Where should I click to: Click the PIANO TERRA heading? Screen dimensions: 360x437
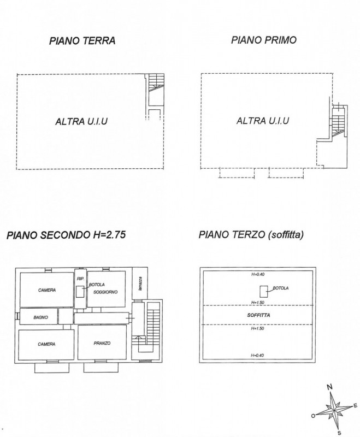click(x=82, y=40)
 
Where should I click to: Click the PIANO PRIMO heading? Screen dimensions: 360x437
click(x=264, y=40)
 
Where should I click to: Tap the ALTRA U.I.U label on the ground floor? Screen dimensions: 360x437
click(x=81, y=121)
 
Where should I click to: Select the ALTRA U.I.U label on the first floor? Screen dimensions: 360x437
click(x=263, y=121)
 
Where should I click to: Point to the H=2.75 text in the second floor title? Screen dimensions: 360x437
click(x=109, y=235)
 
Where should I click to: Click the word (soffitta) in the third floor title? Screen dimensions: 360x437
click(x=285, y=235)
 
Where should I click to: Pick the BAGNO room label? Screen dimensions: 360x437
click(x=40, y=317)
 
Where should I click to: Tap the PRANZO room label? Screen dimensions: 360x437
click(x=102, y=344)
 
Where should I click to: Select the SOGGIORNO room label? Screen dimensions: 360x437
click(x=105, y=292)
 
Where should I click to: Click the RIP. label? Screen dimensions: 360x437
click(x=80, y=279)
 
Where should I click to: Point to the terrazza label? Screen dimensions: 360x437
click(x=140, y=284)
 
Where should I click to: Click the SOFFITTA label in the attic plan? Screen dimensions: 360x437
click(x=258, y=315)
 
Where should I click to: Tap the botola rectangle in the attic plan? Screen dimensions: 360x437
click(x=264, y=292)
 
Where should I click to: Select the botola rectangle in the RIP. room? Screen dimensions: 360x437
click(x=80, y=292)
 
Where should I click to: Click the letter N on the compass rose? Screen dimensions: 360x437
click(x=329, y=387)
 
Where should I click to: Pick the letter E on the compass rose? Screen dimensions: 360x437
click(x=355, y=406)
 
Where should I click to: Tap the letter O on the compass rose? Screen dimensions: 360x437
click(x=313, y=416)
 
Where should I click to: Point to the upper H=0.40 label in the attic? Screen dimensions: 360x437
click(x=258, y=274)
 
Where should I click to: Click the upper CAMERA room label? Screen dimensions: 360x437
click(x=47, y=290)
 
